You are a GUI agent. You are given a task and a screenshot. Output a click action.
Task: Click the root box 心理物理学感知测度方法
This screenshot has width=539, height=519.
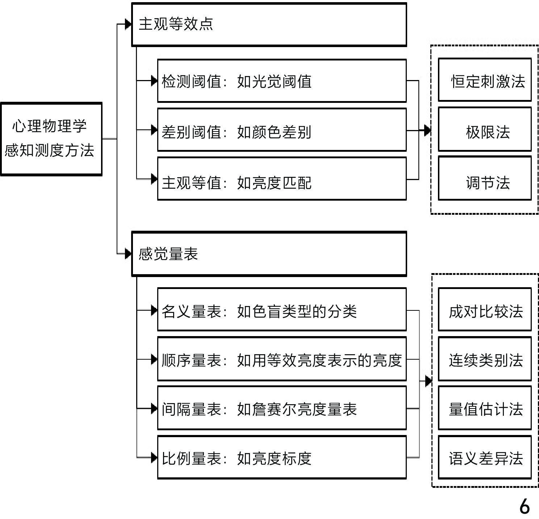click(x=51, y=139)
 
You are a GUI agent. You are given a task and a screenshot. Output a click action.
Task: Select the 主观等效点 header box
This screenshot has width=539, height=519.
click(x=269, y=25)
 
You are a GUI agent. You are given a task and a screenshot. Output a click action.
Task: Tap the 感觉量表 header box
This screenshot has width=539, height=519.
click(x=269, y=254)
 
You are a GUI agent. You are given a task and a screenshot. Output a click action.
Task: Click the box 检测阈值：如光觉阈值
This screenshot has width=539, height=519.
click(x=282, y=81)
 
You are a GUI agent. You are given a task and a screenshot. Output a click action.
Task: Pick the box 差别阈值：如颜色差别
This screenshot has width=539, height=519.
click(x=282, y=130)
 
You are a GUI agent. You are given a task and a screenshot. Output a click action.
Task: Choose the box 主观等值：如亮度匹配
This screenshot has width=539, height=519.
click(x=282, y=179)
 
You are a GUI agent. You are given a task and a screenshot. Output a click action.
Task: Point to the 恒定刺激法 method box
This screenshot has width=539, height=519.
click(x=485, y=80)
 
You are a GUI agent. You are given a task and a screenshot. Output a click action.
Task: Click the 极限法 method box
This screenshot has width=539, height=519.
click(x=485, y=129)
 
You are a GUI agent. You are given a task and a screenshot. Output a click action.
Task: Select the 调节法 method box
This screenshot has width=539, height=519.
click(x=485, y=178)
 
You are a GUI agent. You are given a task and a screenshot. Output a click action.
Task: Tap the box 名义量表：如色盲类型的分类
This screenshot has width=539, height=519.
click(x=282, y=310)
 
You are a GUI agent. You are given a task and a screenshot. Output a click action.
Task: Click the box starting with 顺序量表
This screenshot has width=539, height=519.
click(x=282, y=359)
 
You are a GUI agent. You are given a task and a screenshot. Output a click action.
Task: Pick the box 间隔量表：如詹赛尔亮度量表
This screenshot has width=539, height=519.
click(x=282, y=408)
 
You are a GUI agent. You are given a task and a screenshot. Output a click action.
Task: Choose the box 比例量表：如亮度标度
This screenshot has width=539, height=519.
click(x=282, y=457)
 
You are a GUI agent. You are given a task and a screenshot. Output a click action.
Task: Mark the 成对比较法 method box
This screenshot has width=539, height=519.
click(x=485, y=310)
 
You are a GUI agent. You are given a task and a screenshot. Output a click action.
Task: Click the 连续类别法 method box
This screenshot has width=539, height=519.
click(x=485, y=359)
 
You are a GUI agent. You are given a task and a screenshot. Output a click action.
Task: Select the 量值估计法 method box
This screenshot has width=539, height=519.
click(x=485, y=408)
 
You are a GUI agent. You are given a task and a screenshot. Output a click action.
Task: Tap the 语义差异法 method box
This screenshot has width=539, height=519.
click(x=485, y=457)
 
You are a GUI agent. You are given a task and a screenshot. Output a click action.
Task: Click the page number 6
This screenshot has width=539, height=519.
click(x=524, y=506)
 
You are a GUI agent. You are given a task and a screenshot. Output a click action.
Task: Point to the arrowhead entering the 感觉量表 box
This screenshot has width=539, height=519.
click(x=128, y=254)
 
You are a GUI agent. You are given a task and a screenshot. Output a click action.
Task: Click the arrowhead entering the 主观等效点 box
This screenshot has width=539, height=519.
click(x=128, y=24)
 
